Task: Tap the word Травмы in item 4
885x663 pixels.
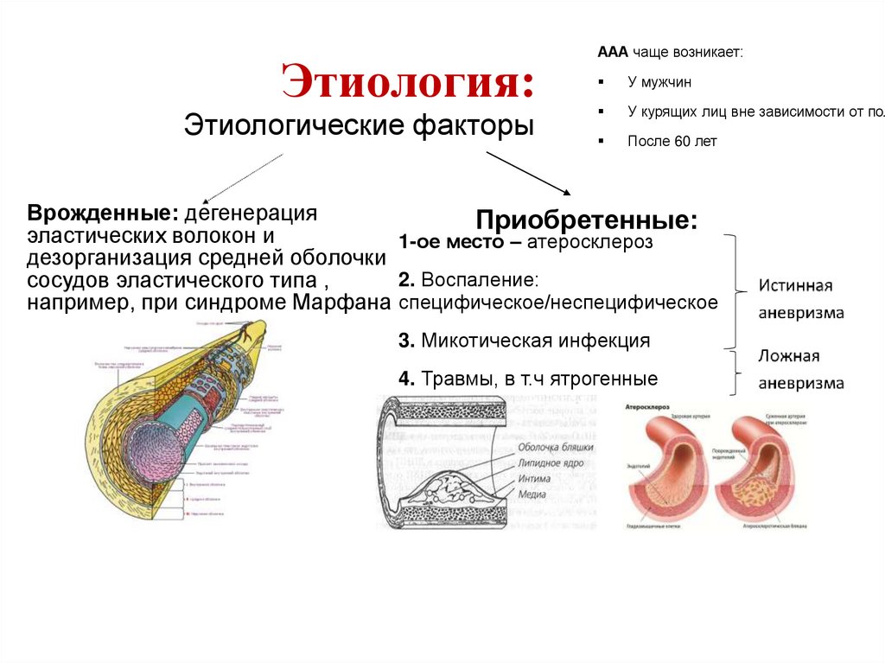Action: [462, 379]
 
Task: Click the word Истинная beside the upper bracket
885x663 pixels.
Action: [795, 286]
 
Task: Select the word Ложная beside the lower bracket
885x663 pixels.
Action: [789, 356]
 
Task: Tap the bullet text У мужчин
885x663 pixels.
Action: [659, 83]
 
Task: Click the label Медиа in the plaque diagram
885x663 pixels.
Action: [533, 495]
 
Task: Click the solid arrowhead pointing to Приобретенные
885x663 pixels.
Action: [566, 192]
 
